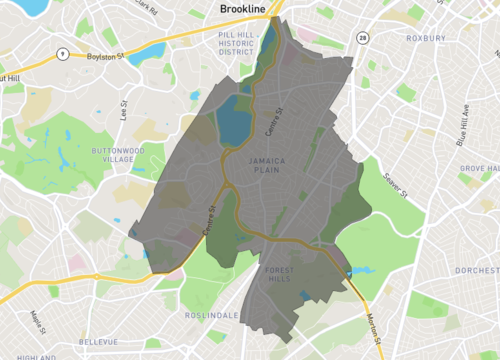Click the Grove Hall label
(x=479, y=170)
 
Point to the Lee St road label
(x=124, y=108)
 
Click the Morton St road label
(x=373, y=324)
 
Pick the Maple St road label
(x=38, y=321)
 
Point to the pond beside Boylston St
(x=147, y=51)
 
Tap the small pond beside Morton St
(x=360, y=270)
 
